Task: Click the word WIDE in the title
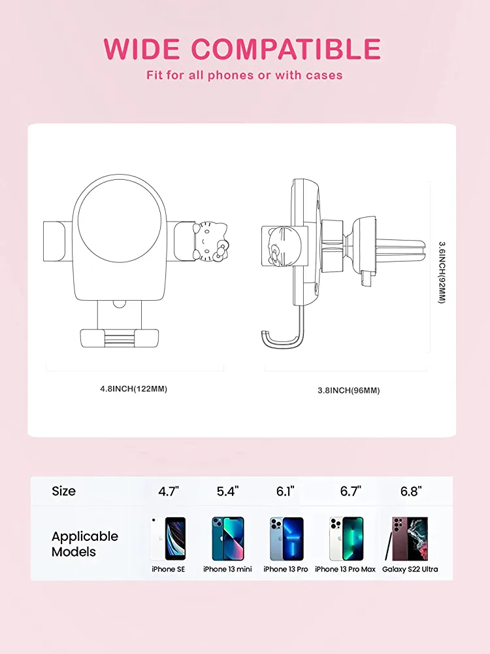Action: coord(142,49)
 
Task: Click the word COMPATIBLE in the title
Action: coord(286,49)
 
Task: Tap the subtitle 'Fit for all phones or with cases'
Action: coord(244,75)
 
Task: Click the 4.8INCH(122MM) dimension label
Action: coord(133,388)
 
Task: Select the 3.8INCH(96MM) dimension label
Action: coord(349,390)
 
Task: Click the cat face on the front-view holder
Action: coord(211,241)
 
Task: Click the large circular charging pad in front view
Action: coord(120,221)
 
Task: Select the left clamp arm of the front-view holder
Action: coord(55,241)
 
